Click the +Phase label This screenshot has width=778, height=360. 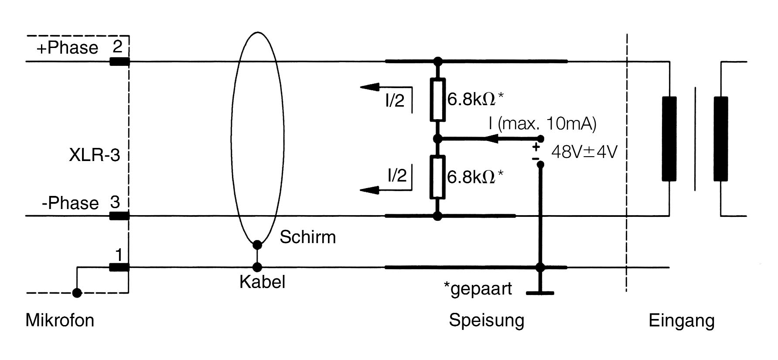click(68, 48)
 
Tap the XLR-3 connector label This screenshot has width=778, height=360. click(94, 155)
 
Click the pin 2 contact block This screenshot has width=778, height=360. click(119, 62)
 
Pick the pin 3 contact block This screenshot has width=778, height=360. click(119, 216)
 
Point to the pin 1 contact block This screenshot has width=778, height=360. click(119, 267)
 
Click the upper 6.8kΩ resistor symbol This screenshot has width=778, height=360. click(438, 100)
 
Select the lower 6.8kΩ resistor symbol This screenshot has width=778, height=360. click(437, 177)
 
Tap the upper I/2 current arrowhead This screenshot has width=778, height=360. click(369, 87)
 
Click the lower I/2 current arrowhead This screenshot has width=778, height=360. click(369, 190)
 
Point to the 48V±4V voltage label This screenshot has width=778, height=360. click(584, 152)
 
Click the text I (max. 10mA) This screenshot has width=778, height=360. click(542, 124)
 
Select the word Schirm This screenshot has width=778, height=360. click(307, 237)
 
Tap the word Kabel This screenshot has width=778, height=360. click(262, 282)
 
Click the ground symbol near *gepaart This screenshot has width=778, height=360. click(540, 292)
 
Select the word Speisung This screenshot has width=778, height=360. click(486, 320)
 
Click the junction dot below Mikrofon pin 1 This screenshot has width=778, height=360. click(77, 293)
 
